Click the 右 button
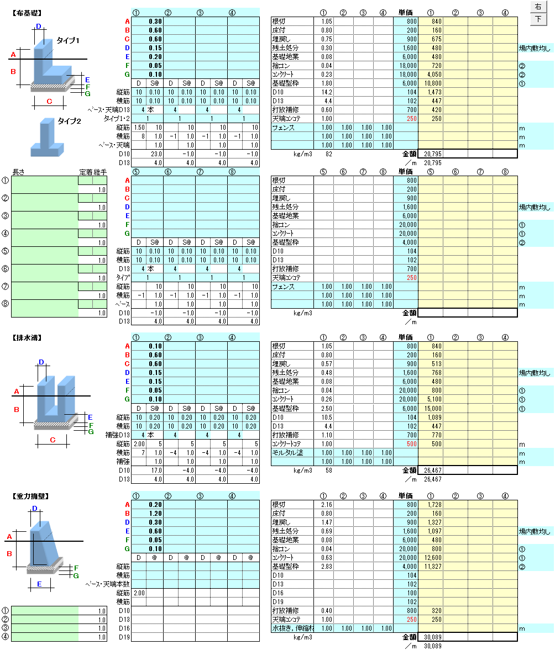coord(538,7)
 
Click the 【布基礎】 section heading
coord(26,12)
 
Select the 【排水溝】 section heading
coord(26,337)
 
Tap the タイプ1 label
coord(69,41)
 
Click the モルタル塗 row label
coord(288,452)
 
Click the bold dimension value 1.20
coord(155,514)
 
